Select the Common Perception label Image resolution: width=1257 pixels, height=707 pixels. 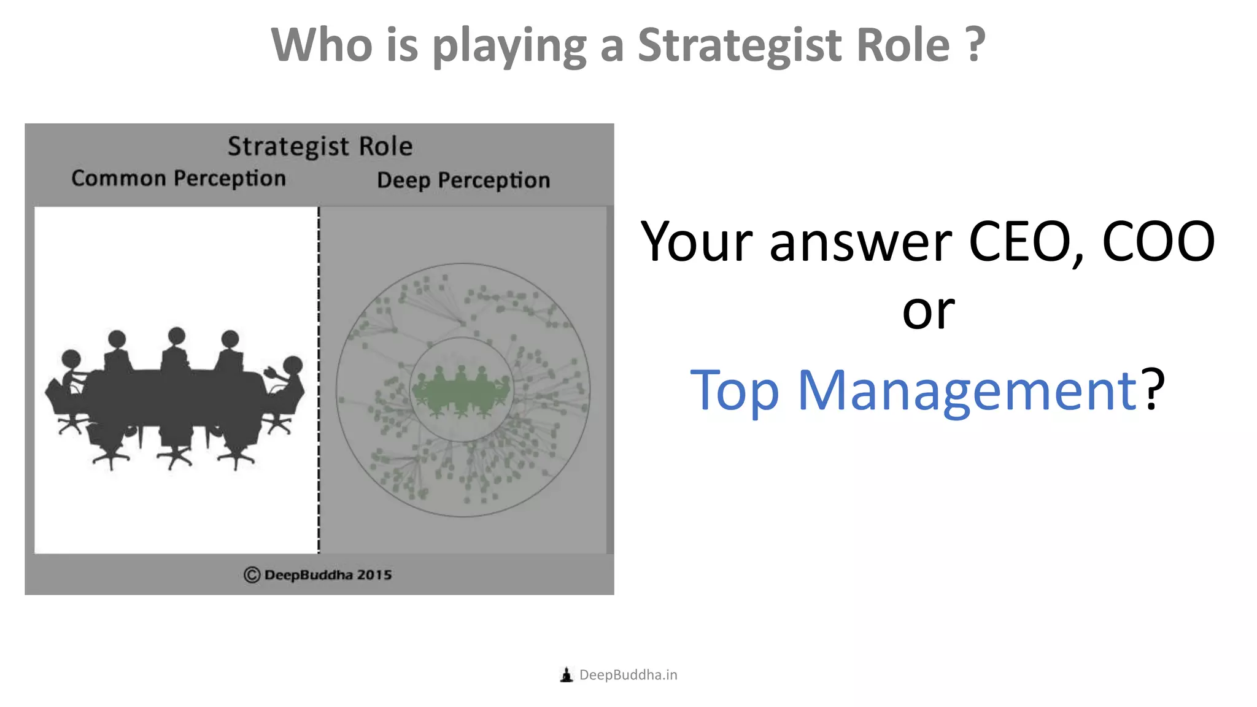click(179, 179)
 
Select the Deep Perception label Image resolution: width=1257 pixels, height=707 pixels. click(463, 180)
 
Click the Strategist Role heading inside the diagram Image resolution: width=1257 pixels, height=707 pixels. click(320, 147)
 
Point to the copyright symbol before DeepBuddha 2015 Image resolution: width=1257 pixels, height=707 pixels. click(252, 575)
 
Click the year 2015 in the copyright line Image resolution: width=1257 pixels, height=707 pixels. click(374, 575)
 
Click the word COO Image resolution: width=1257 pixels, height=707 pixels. click(1158, 242)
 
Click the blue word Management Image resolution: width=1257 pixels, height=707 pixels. click(967, 390)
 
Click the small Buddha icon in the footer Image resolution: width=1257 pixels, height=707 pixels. click(567, 675)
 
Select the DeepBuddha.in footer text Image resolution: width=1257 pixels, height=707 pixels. click(628, 675)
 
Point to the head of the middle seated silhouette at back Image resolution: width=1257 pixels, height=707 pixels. click(177, 336)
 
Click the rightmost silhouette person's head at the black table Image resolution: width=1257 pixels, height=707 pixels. click(293, 365)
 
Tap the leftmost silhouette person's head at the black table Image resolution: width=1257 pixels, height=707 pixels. click(71, 358)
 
